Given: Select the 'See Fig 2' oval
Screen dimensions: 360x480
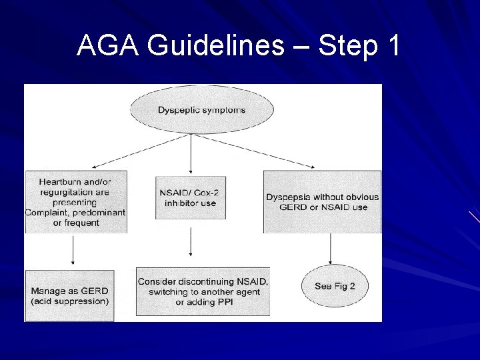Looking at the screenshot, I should point(335,287).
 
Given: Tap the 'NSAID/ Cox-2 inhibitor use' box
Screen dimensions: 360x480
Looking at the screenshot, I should point(191,197).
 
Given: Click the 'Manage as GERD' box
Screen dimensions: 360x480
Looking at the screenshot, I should point(69,296).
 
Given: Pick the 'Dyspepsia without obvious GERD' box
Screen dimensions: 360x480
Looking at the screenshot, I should point(322,202).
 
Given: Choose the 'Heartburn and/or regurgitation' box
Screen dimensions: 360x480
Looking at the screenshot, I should point(75,202).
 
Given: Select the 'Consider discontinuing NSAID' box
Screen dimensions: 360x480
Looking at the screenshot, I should point(203,292).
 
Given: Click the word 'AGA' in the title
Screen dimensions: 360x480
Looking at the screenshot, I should point(107,46).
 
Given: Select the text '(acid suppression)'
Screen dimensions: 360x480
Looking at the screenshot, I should point(69,301).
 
